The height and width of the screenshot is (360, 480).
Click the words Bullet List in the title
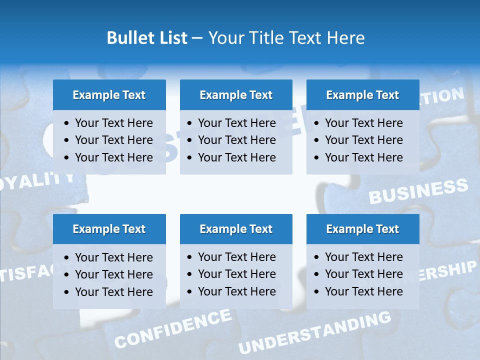(147, 38)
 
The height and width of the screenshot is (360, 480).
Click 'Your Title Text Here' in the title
(286, 38)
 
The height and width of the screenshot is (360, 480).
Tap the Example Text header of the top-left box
(109, 95)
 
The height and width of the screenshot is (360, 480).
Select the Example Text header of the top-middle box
(236, 95)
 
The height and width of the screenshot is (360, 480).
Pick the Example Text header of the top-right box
(362, 95)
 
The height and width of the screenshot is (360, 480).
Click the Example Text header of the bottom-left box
(109, 229)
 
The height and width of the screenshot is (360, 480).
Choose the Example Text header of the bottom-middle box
(236, 229)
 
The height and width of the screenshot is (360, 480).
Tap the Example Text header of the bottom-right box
(362, 229)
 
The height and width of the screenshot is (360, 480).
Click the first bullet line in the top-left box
(113, 123)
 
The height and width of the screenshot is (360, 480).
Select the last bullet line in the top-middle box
(236, 157)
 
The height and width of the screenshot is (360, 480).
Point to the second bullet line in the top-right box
(363, 140)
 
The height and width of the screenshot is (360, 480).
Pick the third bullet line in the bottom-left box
(113, 292)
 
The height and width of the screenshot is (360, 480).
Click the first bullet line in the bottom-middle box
(236, 257)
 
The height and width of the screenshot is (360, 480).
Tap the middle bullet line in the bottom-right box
(363, 274)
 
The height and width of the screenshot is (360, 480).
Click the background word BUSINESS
(418, 191)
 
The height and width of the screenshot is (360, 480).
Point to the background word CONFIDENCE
(173, 328)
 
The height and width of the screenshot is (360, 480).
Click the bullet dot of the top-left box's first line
(67, 123)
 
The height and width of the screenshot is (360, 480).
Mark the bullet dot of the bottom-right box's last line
(317, 292)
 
